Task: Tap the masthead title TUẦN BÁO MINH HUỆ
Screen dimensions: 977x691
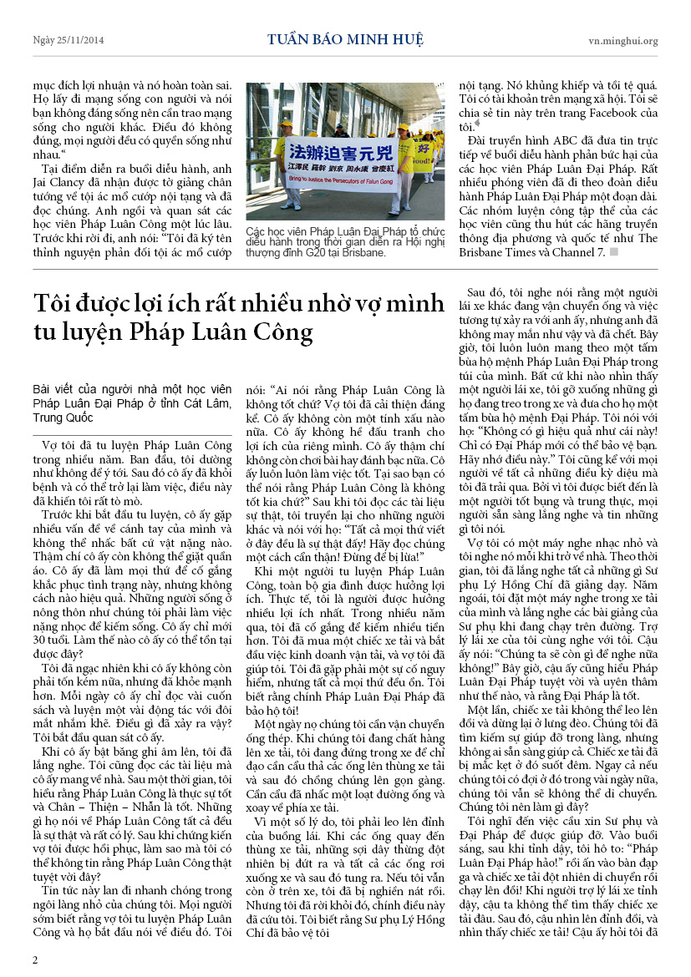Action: [345, 39]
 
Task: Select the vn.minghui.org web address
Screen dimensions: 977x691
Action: [622, 40]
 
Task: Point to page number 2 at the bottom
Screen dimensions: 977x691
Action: [35, 959]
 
